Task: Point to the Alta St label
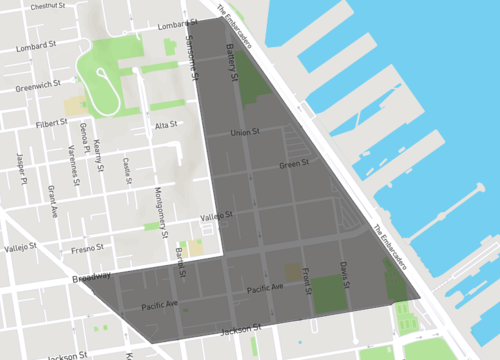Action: (166, 125)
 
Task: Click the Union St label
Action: (244, 132)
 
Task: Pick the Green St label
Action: (293, 164)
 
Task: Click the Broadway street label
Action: (91, 277)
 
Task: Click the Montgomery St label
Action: (161, 207)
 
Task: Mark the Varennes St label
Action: (73, 165)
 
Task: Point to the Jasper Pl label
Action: (20, 167)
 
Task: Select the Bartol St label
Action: (180, 263)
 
